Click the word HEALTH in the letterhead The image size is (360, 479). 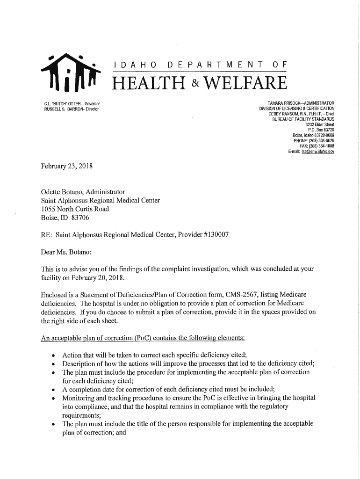point(151,85)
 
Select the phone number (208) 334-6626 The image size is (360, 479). point(320,140)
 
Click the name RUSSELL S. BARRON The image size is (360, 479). point(59,109)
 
